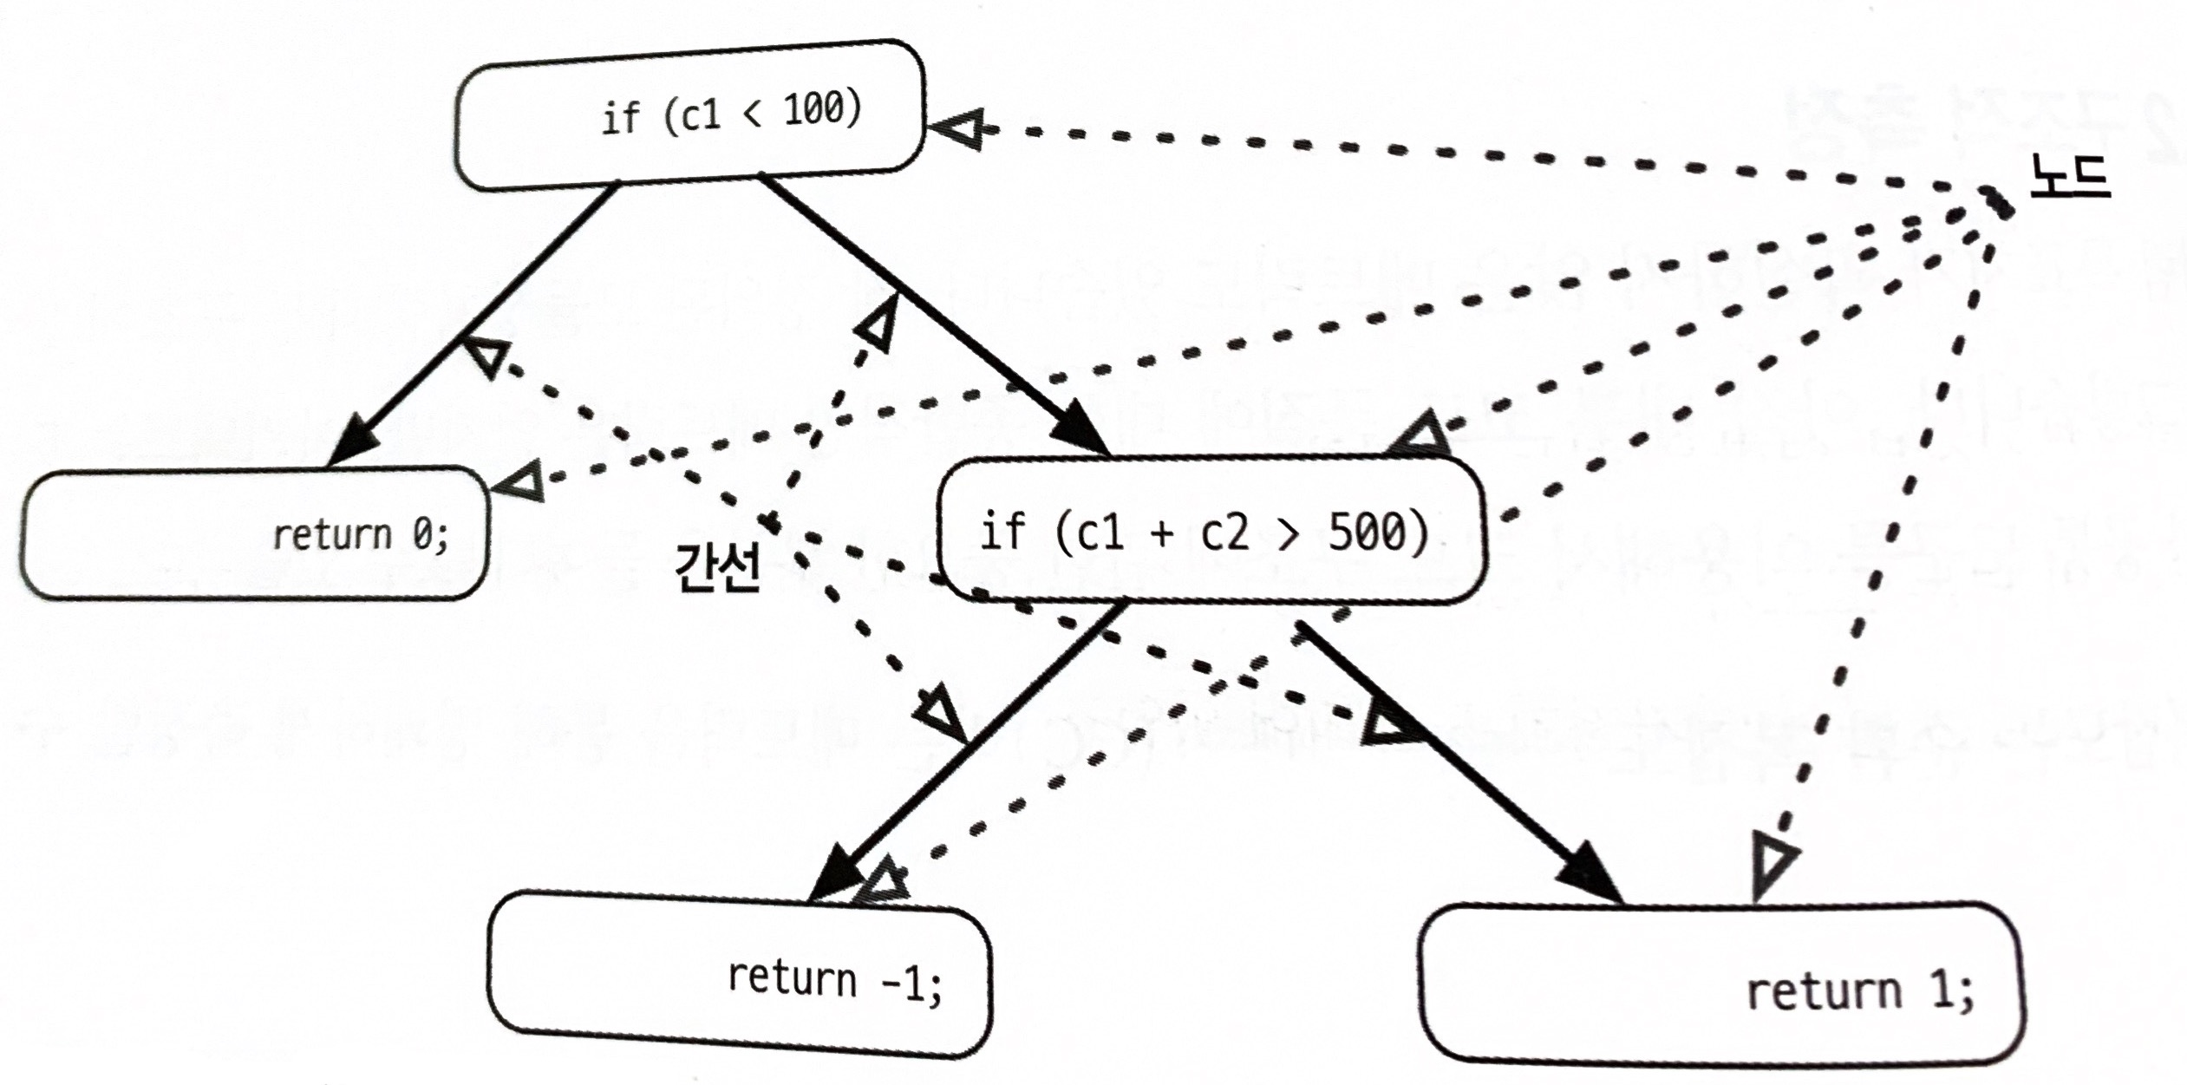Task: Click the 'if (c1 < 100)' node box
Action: coord(689,115)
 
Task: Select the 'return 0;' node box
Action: coord(255,533)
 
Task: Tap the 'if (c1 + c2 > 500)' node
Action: coord(1211,530)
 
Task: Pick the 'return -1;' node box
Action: coord(740,974)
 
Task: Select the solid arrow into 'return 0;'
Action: coord(471,325)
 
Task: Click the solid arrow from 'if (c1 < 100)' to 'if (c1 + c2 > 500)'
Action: coord(934,315)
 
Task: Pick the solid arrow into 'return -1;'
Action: coord(965,753)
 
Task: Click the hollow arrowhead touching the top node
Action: coord(960,129)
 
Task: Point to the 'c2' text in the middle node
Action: coord(1224,532)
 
